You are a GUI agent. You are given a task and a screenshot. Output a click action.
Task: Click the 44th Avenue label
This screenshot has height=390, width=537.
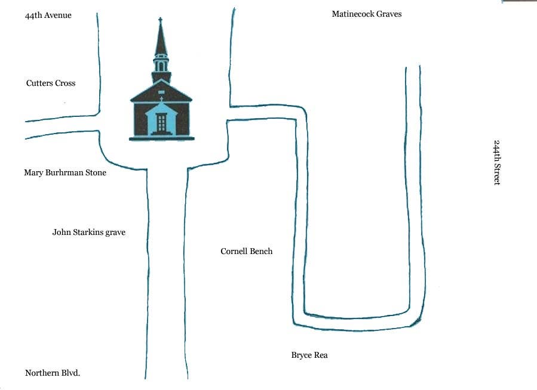click(x=48, y=16)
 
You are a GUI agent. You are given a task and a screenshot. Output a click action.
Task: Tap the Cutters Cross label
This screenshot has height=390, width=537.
click(x=51, y=83)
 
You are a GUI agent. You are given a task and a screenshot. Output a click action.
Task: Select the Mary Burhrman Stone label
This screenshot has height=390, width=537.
click(x=65, y=172)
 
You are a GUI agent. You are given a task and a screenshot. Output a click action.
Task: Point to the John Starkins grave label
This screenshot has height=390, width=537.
click(x=88, y=233)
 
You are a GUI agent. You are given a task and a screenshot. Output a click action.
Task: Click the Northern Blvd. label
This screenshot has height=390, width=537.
click(x=53, y=373)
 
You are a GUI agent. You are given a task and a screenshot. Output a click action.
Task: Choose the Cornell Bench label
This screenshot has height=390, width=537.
click(x=247, y=251)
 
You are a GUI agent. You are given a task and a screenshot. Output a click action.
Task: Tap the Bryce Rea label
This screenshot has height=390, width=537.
click(x=309, y=355)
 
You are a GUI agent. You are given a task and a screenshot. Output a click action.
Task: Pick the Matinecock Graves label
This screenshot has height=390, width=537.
click(x=367, y=14)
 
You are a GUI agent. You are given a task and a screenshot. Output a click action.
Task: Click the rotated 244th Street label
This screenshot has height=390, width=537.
click(x=497, y=163)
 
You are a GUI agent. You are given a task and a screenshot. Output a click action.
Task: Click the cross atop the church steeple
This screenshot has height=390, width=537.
click(x=160, y=20)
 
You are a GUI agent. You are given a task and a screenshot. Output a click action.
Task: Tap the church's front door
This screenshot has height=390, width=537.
click(x=161, y=123)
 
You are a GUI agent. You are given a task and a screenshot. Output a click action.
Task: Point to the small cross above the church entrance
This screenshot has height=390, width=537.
click(x=161, y=99)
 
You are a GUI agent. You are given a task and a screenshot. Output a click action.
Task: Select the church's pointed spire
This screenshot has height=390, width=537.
click(x=160, y=39)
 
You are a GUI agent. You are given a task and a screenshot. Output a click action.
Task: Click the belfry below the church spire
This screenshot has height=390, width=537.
click(x=161, y=64)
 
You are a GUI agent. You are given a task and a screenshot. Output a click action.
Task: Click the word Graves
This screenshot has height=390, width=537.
click(x=388, y=14)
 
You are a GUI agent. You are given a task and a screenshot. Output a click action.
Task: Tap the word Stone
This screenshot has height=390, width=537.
click(x=96, y=172)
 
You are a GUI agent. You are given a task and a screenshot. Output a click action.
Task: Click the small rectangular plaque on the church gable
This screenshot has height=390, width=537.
click(x=161, y=92)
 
